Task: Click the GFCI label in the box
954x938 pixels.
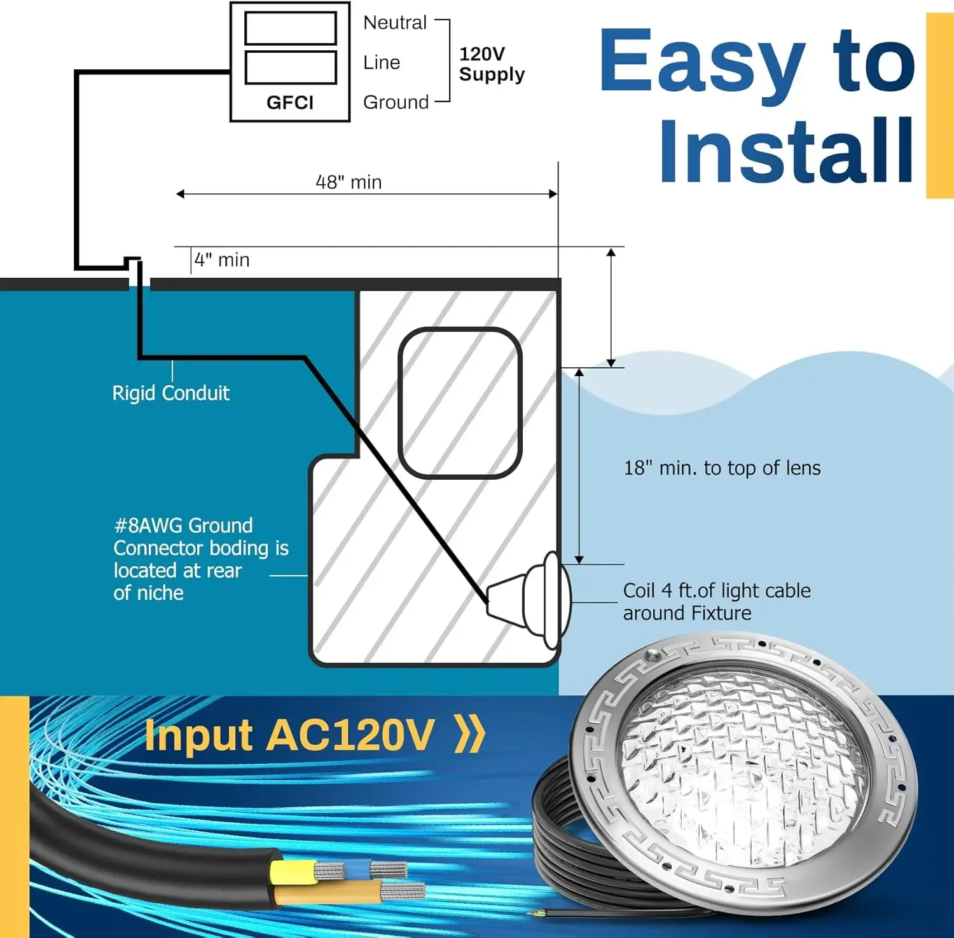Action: [x=289, y=102]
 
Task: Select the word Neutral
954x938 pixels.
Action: [x=394, y=23]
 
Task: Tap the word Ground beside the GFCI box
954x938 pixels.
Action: [x=396, y=102]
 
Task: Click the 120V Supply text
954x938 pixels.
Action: [x=491, y=64]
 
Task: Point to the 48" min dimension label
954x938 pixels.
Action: [x=349, y=182]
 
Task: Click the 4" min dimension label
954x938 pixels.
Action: [x=222, y=260]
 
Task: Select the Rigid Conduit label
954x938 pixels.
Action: [x=170, y=393]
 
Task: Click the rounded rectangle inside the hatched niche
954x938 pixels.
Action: [x=459, y=403]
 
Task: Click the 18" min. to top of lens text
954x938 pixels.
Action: [x=722, y=468]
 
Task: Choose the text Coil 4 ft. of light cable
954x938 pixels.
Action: [x=716, y=591]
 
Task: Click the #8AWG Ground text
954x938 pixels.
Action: [x=183, y=526]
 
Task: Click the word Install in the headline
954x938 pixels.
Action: [x=786, y=151]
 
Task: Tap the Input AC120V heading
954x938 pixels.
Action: [x=289, y=736]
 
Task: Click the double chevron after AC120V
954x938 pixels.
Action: [x=471, y=735]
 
